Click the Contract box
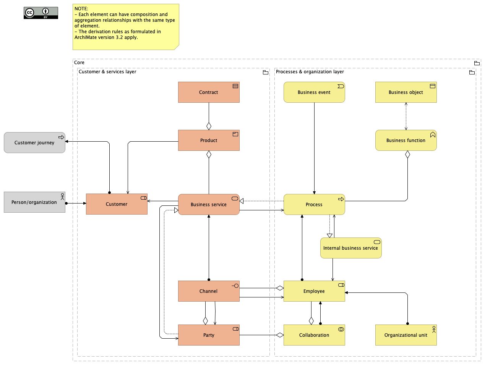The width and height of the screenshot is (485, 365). point(209,92)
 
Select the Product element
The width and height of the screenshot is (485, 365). point(209,141)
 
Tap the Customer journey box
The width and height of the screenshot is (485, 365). point(34,143)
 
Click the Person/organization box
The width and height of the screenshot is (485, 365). point(34,202)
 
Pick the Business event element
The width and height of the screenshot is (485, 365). point(314,92)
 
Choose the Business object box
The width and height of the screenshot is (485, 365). point(406,92)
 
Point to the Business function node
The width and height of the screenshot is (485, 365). point(406,141)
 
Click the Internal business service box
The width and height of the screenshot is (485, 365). point(351,248)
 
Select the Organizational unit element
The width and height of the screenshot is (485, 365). point(406,335)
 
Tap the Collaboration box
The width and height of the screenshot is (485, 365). point(314,335)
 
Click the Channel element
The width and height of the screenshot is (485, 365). point(209,291)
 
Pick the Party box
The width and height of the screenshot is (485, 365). point(209,335)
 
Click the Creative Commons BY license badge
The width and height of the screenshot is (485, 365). point(41,13)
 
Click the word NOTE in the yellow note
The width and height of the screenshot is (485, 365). point(81,9)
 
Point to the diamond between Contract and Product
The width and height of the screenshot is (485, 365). point(209,126)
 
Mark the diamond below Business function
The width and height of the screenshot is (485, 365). point(407,155)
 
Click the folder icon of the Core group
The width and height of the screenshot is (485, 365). point(477,63)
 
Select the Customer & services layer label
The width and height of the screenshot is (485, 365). point(107,72)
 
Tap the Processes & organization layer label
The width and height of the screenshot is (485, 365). point(310,72)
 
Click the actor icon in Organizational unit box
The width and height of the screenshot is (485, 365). point(434,329)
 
